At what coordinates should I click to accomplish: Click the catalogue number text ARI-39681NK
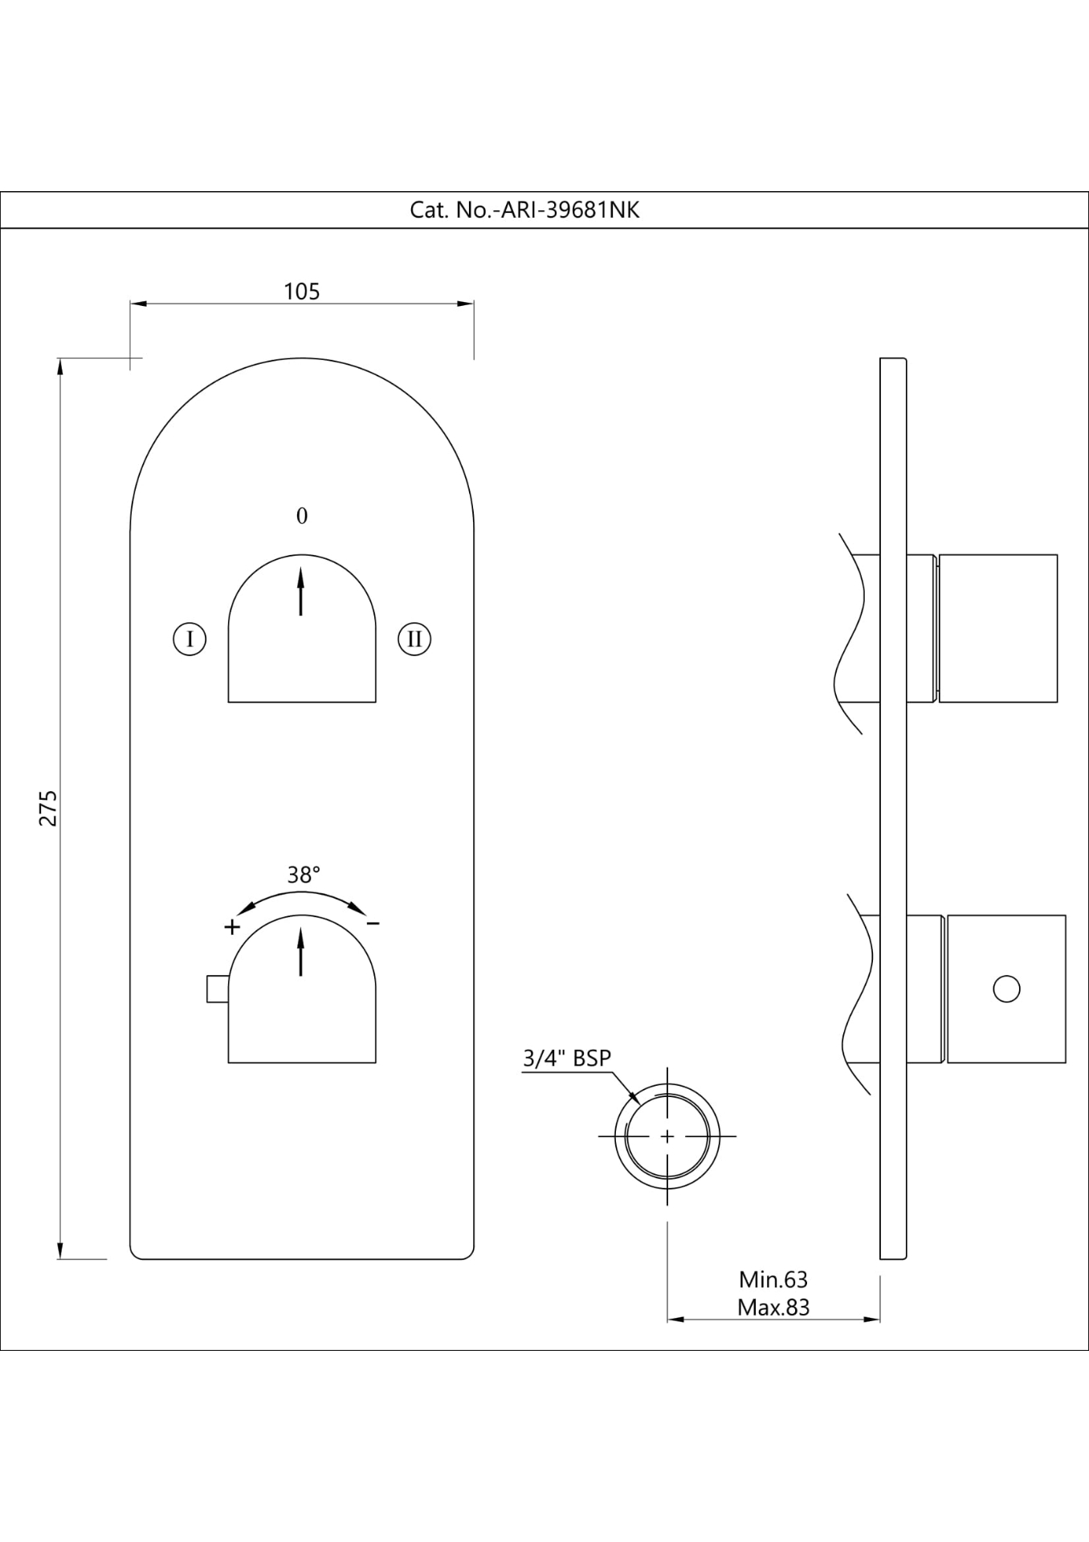tap(524, 210)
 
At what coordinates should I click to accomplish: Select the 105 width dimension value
tap(302, 291)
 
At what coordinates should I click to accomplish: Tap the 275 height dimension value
tap(49, 807)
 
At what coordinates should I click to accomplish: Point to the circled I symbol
tap(190, 639)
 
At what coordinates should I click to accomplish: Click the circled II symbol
tap(414, 639)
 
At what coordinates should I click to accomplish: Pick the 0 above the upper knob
tap(302, 516)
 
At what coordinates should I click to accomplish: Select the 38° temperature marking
tap(304, 875)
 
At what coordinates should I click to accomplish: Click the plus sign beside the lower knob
tap(232, 927)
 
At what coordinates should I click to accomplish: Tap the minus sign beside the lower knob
tap(373, 924)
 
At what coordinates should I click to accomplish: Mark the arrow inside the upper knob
tap(301, 591)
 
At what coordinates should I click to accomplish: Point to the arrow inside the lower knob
tap(301, 952)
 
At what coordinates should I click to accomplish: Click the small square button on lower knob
tap(217, 989)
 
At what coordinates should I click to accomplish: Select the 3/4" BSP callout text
tap(567, 1059)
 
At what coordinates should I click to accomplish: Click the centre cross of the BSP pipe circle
tap(667, 1136)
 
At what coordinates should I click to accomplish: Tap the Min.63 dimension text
tap(773, 1279)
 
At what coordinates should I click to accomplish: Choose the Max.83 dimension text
tap(773, 1307)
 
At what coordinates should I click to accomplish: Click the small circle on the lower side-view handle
tap(1006, 989)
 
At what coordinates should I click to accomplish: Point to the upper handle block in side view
tap(997, 628)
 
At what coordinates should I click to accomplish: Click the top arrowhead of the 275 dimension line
tap(59, 366)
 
